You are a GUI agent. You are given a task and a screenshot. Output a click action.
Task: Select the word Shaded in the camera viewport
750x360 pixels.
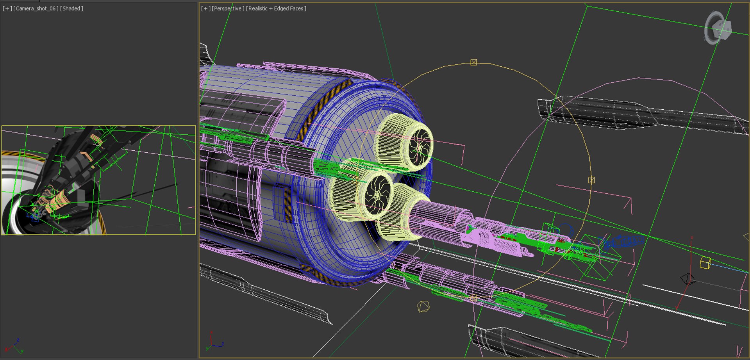point(72,9)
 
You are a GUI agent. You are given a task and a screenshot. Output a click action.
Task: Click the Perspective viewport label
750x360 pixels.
point(228,9)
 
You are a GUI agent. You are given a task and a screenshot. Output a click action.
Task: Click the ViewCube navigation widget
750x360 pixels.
point(718,28)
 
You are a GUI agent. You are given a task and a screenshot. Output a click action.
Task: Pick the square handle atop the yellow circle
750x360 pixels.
point(473,62)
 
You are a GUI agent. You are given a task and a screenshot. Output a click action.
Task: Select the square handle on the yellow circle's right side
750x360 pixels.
point(591,180)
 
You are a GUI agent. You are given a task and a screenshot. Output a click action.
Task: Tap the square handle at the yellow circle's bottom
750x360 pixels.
point(473,298)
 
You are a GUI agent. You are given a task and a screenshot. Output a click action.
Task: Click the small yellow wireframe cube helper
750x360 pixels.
point(705,263)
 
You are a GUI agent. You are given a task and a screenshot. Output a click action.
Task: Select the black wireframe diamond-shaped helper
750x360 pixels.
point(688,279)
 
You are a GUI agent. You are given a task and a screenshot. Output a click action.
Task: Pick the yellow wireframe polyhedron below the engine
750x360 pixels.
point(423,307)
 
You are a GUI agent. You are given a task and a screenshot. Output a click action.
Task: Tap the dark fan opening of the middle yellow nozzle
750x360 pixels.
point(377,194)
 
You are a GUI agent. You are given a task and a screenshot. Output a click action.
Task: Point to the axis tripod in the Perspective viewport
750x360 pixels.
point(213,342)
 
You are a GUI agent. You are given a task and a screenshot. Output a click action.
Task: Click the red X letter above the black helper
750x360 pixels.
point(692,237)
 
